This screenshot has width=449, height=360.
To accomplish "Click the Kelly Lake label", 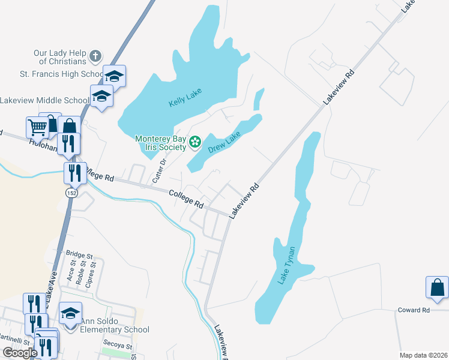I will (x=184, y=98).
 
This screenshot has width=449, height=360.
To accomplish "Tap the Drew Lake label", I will (x=224, y=143).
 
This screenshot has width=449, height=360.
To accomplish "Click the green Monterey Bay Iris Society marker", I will (x=194, y=142).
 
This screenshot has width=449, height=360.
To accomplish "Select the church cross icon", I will (x=95, y=57).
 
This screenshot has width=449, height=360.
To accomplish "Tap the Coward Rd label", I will (x=414, y=310).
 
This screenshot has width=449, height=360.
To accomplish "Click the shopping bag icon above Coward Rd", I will (x=437, y=287).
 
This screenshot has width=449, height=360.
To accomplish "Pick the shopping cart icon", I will (x=37, y=127).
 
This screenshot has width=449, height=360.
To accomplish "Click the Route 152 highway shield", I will (x=71, y=193).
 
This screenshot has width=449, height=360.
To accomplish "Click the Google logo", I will (x=20, y=353).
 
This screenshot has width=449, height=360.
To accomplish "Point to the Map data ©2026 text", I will (x=424, y=355).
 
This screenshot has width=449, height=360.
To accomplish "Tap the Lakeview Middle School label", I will (x=44, y=100).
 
